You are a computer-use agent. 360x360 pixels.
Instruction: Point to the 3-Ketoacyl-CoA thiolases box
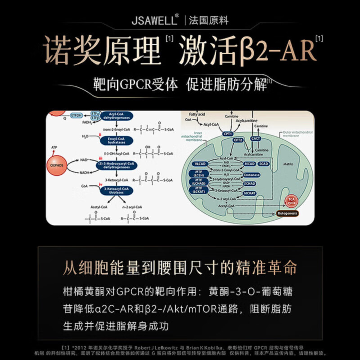(x=116, y=191)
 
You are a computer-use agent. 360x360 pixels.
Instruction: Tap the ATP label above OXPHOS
(x=54, y=147)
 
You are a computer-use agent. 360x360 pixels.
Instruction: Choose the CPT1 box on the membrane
(x=228, y=134)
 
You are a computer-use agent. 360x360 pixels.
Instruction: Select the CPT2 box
(x=238, y=140)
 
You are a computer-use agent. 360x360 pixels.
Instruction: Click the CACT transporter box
(x=256, y=139)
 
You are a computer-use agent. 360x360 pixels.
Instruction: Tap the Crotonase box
(x=252, y=175)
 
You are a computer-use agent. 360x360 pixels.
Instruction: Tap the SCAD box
(x=264, y=164)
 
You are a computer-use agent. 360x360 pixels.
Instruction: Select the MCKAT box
(x=250, y=193)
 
